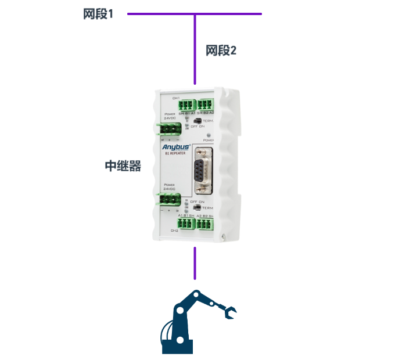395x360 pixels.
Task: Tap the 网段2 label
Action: (221, 51)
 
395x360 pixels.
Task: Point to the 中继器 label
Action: (123, 165)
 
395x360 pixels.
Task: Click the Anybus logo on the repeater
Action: (176, 147)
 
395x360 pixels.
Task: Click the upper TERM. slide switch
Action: (198, 121)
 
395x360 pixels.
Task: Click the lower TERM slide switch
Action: (198, 207)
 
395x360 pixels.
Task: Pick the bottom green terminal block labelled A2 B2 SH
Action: (206, 224)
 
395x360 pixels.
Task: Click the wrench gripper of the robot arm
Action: (230, 314)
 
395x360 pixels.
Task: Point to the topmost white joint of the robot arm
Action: (196, 297)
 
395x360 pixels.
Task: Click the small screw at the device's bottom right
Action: (226, 235)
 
